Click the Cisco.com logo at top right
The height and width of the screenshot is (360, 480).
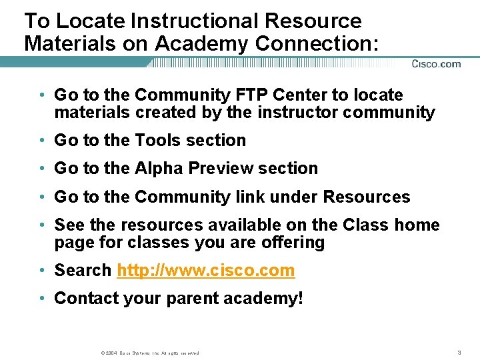pyautogui.click(x=436, y=64)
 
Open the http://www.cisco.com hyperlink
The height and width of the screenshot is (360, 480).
pyautogui.click(x=205, y=271)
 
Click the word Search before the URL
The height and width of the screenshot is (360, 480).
pyautogui.click(x=83, y=271)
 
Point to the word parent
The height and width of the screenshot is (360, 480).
pyautogui.click(x=192, y=299)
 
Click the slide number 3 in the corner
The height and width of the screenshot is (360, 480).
pyautogui.click(x=460, y=352)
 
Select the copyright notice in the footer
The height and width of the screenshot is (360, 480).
pyautogui.click(x=149, y=353)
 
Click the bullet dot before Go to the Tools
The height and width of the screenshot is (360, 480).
pyautogui.click(x=41, y=141)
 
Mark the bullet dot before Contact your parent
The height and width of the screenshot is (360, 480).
pyautogui.click(x=41, y=298)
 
